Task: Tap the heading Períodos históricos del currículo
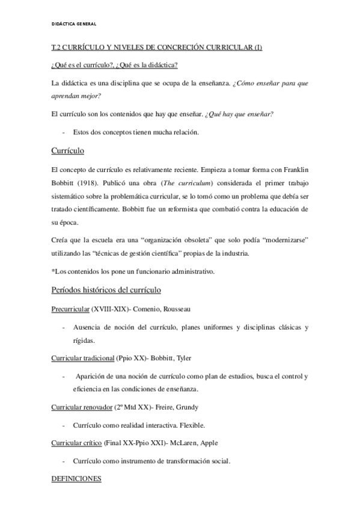tap(106, 290)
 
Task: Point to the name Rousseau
tap(177, 310)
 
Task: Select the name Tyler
tap(181, 358)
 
